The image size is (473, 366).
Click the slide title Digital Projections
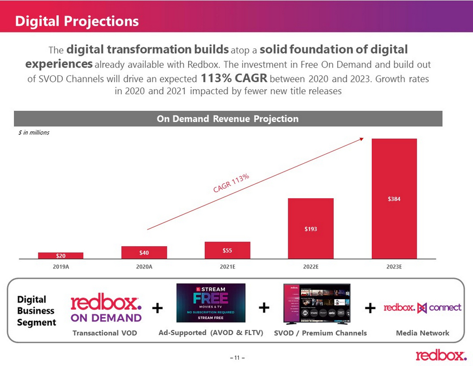click(x=77, y=21)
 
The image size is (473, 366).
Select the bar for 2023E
click(x=394, y=167)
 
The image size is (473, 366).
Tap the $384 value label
click(x=394, y=198)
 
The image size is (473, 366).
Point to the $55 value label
click(x=227, y=251)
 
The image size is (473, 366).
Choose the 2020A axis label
click(x=144, y=267)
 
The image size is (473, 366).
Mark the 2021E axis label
click(x=227, y=267)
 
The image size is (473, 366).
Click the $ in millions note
click(x=34, y=133)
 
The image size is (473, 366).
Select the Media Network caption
click(x=422, y=333)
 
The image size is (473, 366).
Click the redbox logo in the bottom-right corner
click(x=441, y=355)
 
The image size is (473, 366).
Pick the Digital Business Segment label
click(x=36, y=311)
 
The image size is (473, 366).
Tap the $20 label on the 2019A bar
click(x=61, y=256)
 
